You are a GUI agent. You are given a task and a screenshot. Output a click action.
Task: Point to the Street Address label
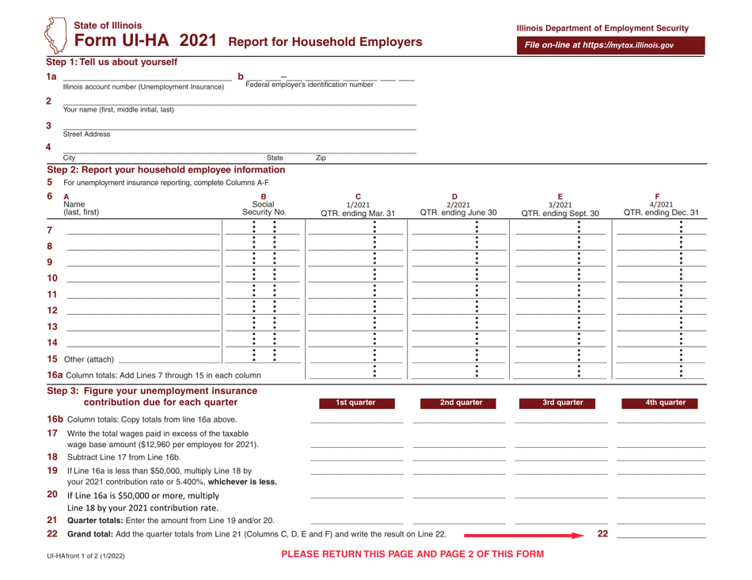pos(87,135)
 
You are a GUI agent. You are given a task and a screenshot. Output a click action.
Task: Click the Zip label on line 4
pos(321,158)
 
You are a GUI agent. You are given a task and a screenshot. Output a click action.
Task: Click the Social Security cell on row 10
pos(263,279)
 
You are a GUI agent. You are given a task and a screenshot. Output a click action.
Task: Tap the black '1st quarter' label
pos(355,402)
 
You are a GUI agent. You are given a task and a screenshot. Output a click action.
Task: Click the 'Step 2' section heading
pos(166,169)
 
